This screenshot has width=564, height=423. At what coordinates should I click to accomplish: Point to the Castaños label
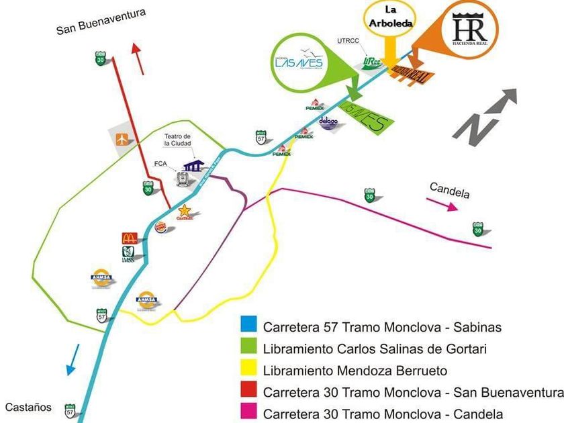(28, 407)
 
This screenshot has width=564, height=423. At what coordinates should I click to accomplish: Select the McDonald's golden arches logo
(130, 238)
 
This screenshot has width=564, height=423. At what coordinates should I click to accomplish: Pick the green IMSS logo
(128, 254)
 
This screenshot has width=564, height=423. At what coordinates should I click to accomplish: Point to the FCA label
(160, 163)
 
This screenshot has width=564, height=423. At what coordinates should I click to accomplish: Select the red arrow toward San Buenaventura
(138, 58)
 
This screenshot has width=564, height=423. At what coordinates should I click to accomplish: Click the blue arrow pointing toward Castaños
(72, 360)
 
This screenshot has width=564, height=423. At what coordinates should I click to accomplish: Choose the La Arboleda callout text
(390, 15)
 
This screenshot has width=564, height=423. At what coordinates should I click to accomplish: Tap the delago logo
(328, 123)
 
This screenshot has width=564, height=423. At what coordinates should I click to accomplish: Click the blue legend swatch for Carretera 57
(248, 328)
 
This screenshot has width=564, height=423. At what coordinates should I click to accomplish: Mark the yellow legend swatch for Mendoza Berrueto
(248, 371)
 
